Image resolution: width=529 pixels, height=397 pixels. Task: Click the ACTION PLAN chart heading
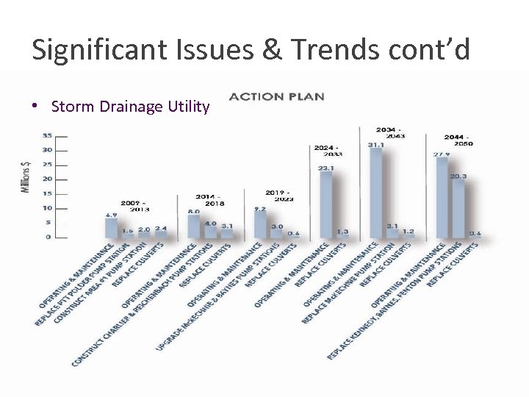pyautogui.click(x=276, y=96)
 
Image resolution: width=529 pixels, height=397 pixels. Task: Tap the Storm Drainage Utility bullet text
pyautogui.click(x=130, y=107)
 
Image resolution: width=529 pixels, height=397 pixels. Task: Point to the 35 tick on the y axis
pyautogui.click(x=46, y=135)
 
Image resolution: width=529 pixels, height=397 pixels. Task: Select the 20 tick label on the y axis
pyautogui.click(x=46, y=179)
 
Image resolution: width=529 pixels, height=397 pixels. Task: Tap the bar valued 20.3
pyautogui.click(x=458, y=209)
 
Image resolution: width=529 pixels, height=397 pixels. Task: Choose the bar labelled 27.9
pyautogui.click(x=442, y=198)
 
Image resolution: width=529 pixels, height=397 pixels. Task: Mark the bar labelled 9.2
pyautogui.click(x=260, y=225)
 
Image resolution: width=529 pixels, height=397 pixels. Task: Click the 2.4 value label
pyautogui.click(x=161, y=229)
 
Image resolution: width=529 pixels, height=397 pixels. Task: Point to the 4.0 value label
pyautogui.click(x=210, y=223)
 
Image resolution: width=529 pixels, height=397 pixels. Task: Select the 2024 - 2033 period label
pyautogui.click(x=328, y=151)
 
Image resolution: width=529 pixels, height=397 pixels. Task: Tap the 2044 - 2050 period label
pyautogui.click(x=458, y=140)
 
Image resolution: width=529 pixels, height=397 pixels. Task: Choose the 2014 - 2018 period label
pyautogui.click(x=209, y=200)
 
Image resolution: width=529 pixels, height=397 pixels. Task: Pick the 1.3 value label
pyautogui.click(x=342, y=232)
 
